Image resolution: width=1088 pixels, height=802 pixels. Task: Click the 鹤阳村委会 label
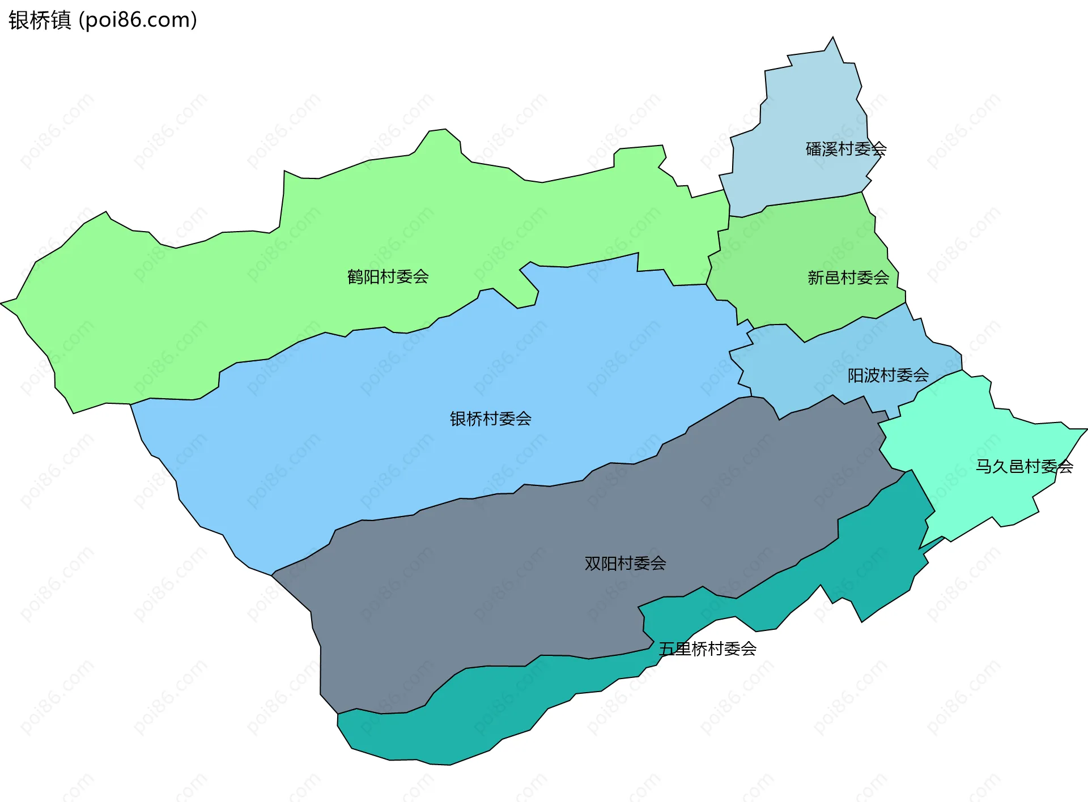[388, 277]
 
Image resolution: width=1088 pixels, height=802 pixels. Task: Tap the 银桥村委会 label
[490, 419]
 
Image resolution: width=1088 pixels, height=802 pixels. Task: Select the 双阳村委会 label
[625, 564]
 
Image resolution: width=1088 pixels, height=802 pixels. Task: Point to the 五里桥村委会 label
[707, 649]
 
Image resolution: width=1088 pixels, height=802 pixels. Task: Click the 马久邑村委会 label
[1024, 467]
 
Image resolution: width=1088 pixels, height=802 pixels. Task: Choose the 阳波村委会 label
[888, 376]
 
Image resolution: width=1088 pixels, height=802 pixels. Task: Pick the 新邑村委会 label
[848, 278]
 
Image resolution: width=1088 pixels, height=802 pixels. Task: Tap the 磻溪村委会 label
[845, 150]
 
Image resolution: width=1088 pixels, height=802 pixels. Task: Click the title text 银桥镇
[40, 20]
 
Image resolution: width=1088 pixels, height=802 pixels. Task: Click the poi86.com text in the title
[138, 20]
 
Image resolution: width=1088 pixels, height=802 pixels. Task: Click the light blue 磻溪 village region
[805, 113]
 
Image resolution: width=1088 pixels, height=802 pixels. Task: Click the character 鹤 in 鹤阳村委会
[355, 277]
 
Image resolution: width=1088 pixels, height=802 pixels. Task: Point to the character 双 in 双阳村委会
[593, 564]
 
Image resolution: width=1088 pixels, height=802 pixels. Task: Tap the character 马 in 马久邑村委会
[983, 467]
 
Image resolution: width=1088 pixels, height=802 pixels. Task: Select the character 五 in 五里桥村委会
[666, 649]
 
